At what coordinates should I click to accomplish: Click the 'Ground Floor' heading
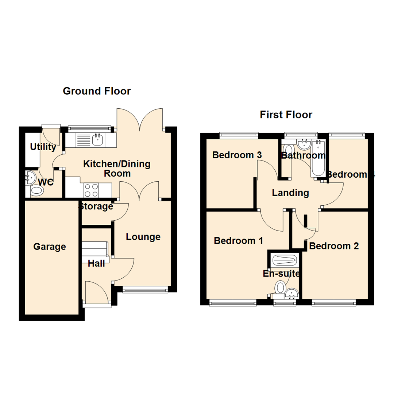pos(97,91)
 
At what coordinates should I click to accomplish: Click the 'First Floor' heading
pos(286,115)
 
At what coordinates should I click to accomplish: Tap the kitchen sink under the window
pos(97,139)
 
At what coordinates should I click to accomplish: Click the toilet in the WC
pos(36,190)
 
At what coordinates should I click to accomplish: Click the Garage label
pos(50,247)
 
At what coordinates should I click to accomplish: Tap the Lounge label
pos(143,237)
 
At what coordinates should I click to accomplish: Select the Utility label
pos(43,147)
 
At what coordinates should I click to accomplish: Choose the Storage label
pos(96,206)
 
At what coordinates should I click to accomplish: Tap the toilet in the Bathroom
pos(289,150)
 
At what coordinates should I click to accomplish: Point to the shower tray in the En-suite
pos(285,260)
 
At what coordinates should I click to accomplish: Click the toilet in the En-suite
pos(281,287)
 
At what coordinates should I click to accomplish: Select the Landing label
pos(290,193)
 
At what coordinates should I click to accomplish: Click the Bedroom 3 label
pos(237,155)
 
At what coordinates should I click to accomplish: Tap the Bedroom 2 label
pos(334,246)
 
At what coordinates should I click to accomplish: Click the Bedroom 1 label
pos(239,241)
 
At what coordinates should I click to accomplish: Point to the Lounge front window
pos(146,290)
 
